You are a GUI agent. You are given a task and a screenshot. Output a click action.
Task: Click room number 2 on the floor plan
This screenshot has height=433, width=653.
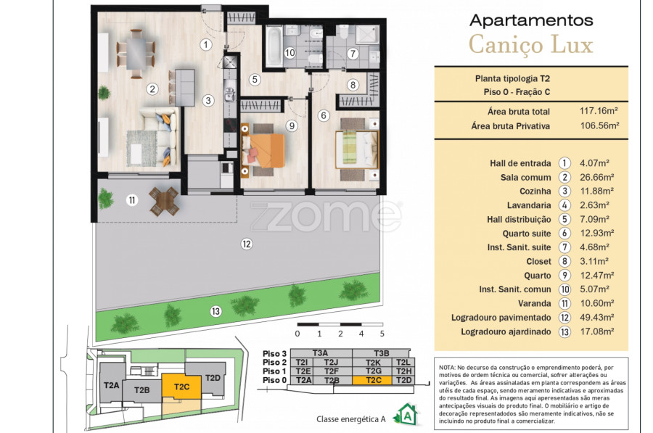click(152, 88)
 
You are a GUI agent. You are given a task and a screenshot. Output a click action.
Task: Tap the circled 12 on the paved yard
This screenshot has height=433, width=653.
click(247, 244)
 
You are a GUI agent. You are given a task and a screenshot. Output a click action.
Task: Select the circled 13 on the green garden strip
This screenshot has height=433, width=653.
click(215, 311)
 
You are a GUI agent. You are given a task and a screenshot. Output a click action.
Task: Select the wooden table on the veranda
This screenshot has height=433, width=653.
click(165, 202)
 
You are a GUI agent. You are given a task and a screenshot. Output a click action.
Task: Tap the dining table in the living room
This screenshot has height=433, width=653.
click(136, 54)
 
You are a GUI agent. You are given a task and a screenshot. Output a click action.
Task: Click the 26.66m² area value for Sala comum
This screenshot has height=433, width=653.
click(597, 178)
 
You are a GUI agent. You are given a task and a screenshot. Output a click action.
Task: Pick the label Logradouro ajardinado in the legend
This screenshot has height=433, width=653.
click(506, 332)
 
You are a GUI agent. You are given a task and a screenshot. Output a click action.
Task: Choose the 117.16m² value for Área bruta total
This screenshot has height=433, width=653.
click(599, 111)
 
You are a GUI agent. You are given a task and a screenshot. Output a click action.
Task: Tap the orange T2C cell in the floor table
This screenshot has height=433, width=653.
click(372, 380)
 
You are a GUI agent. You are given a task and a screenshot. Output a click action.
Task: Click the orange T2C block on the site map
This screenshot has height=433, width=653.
click(181, 386)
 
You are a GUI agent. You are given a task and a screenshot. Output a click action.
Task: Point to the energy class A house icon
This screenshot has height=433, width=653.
click(406, 414)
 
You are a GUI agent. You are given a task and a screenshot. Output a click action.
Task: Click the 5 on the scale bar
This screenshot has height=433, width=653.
click(382, 334)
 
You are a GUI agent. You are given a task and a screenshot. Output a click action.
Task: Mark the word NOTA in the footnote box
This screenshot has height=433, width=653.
click(447, 368)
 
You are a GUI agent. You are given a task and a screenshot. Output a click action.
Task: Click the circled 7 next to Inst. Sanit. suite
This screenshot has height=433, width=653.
click(564, 247)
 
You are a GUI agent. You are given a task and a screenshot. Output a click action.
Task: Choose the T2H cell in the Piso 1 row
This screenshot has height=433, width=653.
click(404, 371)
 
